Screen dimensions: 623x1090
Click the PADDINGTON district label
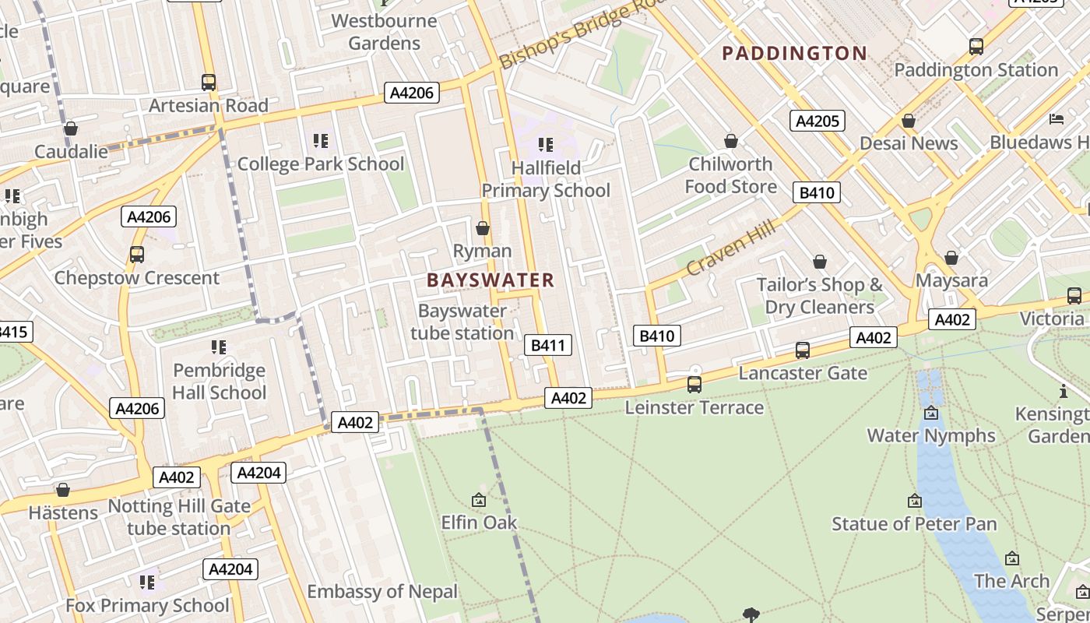tap(794, 53)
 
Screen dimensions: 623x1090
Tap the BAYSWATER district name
tap(490, 280)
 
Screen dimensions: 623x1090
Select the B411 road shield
tap(548, 345)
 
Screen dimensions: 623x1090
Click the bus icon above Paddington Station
tap(976, 47)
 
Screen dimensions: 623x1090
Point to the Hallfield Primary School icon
tap(546, 145)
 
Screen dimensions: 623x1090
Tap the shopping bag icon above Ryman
tap(483, 228)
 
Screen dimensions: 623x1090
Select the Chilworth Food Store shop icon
tap(730, 141)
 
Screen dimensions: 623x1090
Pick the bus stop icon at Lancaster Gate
tap(803, 350)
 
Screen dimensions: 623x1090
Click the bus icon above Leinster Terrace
tap(694, 385)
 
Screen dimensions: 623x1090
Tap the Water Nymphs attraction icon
tap(931, 413)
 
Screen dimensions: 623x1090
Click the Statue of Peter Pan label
tap(914, 523)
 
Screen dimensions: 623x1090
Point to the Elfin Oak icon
tap(479, 500)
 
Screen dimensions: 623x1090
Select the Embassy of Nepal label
tap(382, 591)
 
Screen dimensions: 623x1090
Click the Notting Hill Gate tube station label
tap(179, 517)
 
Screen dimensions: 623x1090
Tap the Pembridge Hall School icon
tap(219, 347)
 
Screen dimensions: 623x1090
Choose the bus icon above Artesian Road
tap(209, 83)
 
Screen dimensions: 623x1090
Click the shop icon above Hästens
tap(63, 490)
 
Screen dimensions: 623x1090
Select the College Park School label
tap(321, 164)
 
